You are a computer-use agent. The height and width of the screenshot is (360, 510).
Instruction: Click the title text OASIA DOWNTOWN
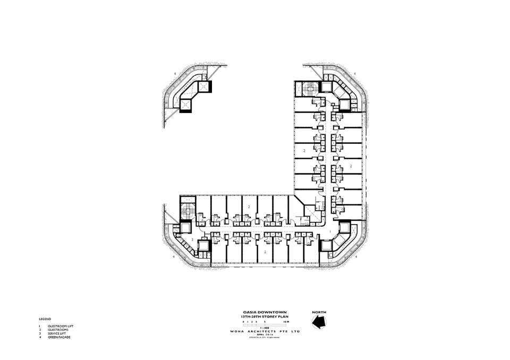click(257, 312)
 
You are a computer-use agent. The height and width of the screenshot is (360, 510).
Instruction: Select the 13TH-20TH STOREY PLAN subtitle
click(257, 316)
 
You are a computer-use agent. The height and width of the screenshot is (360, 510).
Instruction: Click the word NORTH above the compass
click(319, 312)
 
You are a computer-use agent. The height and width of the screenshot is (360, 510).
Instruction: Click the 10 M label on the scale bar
click(286, 322)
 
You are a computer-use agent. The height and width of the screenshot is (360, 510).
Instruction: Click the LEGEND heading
click(45, 319)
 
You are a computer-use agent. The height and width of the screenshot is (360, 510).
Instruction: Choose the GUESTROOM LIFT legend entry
click(59, 327)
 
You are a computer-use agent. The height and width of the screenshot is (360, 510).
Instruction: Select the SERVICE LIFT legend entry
click(57, 333)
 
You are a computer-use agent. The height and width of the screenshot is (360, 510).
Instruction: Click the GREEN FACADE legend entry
click(59, 337)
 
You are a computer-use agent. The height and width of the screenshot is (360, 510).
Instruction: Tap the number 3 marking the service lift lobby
click(192, 240)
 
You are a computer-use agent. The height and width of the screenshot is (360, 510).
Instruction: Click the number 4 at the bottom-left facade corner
click(174, 256)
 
